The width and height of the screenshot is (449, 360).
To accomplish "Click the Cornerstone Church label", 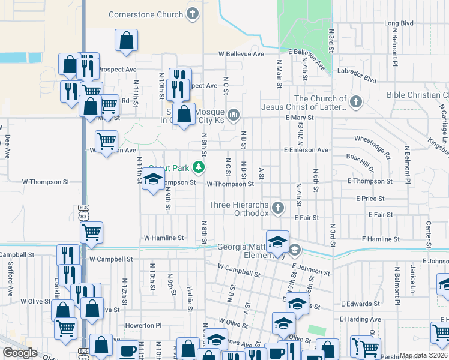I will click(x=145, y=14).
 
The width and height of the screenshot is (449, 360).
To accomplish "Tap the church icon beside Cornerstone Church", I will click(x=193, y=14).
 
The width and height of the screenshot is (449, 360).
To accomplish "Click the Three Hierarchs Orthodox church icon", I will click(x=277, y=208).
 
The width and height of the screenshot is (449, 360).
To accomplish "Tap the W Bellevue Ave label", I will click(x=241, y=54).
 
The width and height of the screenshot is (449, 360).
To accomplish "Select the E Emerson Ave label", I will click(x=307, y=149).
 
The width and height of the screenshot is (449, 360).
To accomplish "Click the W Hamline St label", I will click(x=163, y=238).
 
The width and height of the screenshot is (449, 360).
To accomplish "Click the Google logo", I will click(x=20, y=352).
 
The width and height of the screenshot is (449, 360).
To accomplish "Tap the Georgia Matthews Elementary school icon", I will click(x=294, y=249).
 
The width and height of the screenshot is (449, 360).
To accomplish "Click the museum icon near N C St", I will click(x=234, y=115).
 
